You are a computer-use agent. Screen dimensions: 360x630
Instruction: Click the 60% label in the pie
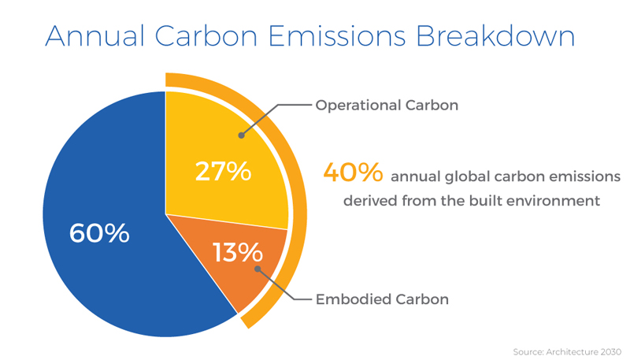pos(99,233)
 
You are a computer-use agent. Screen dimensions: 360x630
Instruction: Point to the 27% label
pos(223,171)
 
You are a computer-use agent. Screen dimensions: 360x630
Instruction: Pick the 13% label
pos(238,252)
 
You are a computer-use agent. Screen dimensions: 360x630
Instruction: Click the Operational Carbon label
pos(387,105)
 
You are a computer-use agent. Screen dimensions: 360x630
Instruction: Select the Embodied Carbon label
pos(382,299)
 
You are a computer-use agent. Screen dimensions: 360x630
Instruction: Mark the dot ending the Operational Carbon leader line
pos(242,135)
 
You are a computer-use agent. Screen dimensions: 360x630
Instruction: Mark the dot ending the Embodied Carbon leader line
pos(258,269)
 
